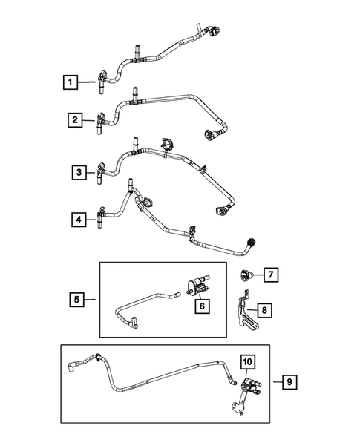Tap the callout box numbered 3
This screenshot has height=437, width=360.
(79, 172)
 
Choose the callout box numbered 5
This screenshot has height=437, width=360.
(77, 300)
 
